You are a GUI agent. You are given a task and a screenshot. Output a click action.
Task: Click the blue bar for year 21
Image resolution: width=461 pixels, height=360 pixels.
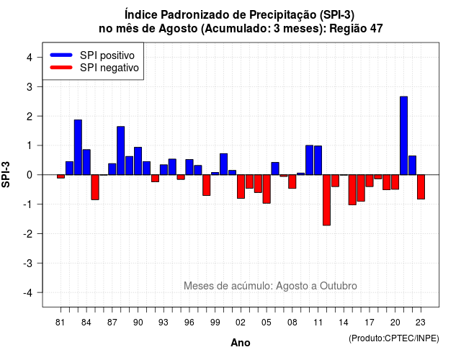(x=403, y=135)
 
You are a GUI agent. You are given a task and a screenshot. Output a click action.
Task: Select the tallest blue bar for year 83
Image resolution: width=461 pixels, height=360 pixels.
(x=78, y=147)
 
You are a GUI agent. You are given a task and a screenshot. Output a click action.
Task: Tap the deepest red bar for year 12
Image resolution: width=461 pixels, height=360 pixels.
(x=326, y=200)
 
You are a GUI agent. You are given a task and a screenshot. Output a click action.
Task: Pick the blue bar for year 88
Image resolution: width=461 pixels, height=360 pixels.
(x=121, y=150)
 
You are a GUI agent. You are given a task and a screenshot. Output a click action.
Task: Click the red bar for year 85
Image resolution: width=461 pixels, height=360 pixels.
(x=95, y=187)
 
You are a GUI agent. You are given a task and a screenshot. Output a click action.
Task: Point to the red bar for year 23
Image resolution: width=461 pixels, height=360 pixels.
(x=421, y=187)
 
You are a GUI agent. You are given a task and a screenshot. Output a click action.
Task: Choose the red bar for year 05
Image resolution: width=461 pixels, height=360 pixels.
(x=267, y=189)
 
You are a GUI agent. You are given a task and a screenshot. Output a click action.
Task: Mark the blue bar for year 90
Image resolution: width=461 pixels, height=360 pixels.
(x=138, y=161)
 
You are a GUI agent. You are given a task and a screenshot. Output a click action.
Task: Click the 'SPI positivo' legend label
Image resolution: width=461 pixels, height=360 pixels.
(x=107, y=55)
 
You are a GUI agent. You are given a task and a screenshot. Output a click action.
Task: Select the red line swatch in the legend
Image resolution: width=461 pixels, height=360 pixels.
(x=61, y=68)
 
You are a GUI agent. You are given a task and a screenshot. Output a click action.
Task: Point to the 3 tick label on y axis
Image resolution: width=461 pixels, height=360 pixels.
(x=30, y=86)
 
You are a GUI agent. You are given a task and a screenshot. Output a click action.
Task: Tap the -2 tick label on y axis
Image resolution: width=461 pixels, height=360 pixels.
(x=28, y=233)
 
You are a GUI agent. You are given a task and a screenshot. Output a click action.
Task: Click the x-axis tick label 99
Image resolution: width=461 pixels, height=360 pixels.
(x=215, y=323)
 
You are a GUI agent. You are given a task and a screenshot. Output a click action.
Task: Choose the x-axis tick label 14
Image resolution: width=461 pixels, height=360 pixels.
(x=344, y=323)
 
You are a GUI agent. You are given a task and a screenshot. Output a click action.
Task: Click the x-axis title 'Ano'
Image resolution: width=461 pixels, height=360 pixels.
(x=241, y=343)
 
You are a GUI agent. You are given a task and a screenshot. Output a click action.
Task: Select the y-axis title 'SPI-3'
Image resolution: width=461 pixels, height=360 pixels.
(x=6, y=174)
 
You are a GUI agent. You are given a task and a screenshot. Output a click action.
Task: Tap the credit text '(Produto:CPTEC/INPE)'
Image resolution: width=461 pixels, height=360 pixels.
(x=394, y=338)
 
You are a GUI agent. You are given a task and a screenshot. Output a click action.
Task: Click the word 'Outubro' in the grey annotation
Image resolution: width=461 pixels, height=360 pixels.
(x=339, y=286)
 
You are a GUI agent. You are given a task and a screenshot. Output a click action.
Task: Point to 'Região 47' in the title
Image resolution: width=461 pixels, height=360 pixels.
(x=356, y=29)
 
